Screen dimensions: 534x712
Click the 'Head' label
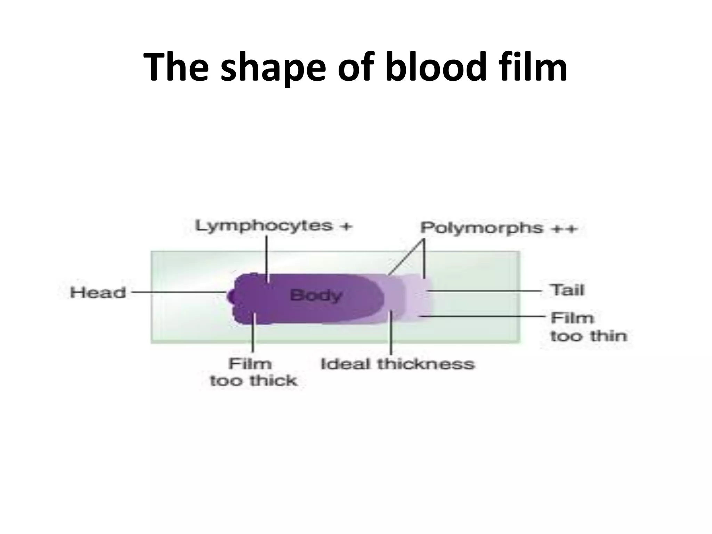coord(98,292)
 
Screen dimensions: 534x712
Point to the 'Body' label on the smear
coord(316,296)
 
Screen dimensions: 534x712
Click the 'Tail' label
coord(567,290)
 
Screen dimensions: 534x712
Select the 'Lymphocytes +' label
coord(274,226)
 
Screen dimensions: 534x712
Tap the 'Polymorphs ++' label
coord(498,228)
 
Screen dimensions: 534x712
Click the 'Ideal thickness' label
coord(397,364)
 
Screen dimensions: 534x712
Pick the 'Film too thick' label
coord(253,372)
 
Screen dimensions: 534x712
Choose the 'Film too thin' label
coord(588,327)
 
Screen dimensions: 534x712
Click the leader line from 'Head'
coord(177,292)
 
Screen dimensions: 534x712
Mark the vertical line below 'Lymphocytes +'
coord(267,257)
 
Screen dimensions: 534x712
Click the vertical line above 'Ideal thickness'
coord(391,332)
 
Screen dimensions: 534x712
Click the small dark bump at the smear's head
coord(230,296)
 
